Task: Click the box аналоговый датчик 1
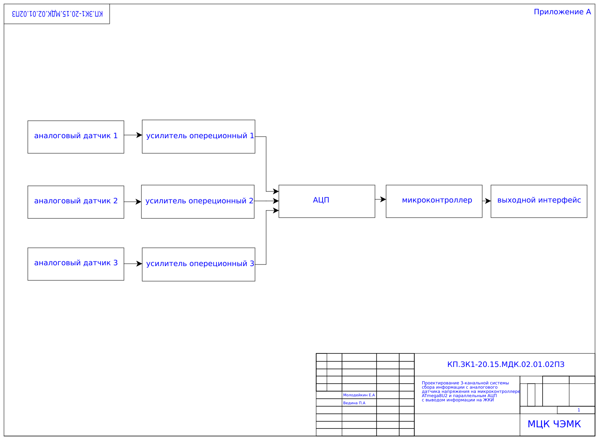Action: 75,137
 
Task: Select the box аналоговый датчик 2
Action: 75,202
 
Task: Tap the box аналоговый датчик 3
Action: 75,264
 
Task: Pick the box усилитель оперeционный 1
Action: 198,137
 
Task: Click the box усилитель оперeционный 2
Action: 197,202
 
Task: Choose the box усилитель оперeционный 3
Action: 198,264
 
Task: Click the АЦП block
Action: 327,201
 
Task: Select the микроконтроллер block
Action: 434,201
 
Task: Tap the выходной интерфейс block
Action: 539,201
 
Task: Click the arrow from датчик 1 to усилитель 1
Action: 133,135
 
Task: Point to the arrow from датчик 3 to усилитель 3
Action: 133,264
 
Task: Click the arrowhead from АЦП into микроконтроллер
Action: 383,199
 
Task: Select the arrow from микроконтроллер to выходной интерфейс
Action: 487,201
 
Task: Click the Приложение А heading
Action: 562,12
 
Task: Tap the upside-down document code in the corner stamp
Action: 57,14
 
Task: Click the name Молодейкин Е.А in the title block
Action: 359,395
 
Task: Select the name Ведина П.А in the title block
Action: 354,403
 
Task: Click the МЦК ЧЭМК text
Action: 554,424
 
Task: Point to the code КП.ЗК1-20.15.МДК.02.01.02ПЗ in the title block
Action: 505,365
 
